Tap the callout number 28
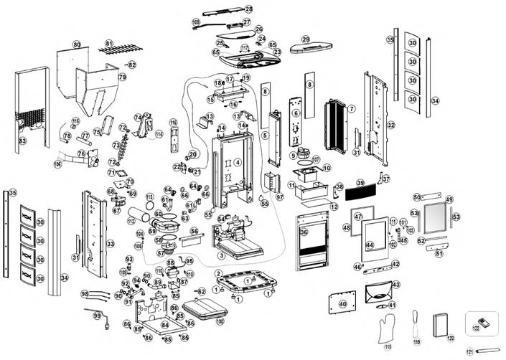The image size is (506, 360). (x=248, y=9)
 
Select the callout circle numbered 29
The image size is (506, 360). (x=306, y=39)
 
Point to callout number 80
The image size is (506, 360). (x=77, y=44)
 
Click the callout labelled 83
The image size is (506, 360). (x=22, y=141)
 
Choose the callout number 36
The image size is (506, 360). (x=304, y=232)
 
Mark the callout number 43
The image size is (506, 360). (x=396, y=285)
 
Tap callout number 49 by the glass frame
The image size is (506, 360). (x=449, y=199)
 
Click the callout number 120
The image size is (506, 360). (x=451, y=337)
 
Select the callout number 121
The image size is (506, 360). (x=470, y=352)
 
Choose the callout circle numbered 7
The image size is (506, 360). (x=352, y=108)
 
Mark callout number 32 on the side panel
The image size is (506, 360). (x=390, y=125)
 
